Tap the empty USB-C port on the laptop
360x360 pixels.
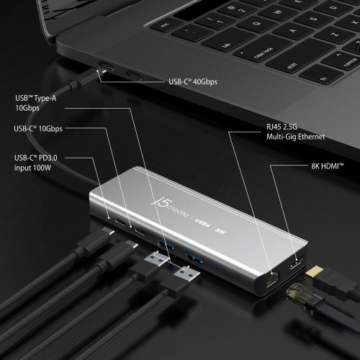click(x=133, y=74)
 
